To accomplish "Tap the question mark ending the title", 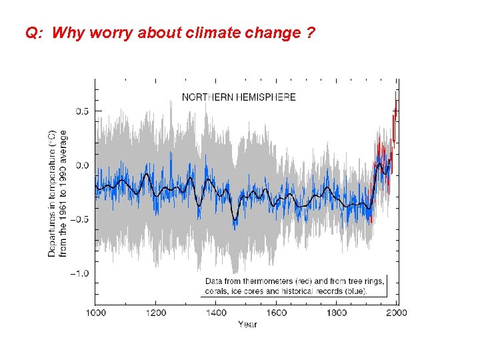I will coord(311,33).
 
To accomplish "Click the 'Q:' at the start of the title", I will coord(34,33).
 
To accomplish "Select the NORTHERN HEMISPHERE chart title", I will coord(239,97).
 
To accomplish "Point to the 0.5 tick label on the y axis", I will coord(80,111).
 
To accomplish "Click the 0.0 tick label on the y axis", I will coord(80,165).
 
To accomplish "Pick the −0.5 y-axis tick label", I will coord(79,219).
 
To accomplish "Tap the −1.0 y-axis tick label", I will coord(79,274).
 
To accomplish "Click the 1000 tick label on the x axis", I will coord(95,312).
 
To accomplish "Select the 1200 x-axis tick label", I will coord(156,312).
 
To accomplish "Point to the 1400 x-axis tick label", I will coord(216,312).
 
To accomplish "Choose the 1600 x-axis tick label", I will coord(277,312).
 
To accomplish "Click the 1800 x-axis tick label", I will coord(337,312).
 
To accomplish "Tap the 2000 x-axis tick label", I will coord(397,312).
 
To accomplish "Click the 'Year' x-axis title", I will coord(247,325).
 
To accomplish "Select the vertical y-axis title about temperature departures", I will coord(58,193).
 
